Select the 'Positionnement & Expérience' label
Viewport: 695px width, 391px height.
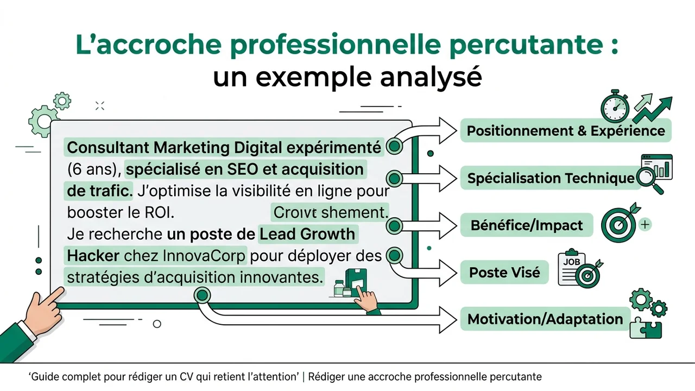click(566, 131)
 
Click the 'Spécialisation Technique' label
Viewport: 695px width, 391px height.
click(551, 178)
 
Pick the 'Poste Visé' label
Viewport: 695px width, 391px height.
click(504, 272)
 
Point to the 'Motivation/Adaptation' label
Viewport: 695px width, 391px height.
click(545, 319)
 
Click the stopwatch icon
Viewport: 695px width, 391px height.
click(615, 106)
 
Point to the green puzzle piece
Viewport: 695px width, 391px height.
click(646, 327)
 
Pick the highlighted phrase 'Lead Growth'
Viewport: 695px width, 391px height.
click(308, 234)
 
